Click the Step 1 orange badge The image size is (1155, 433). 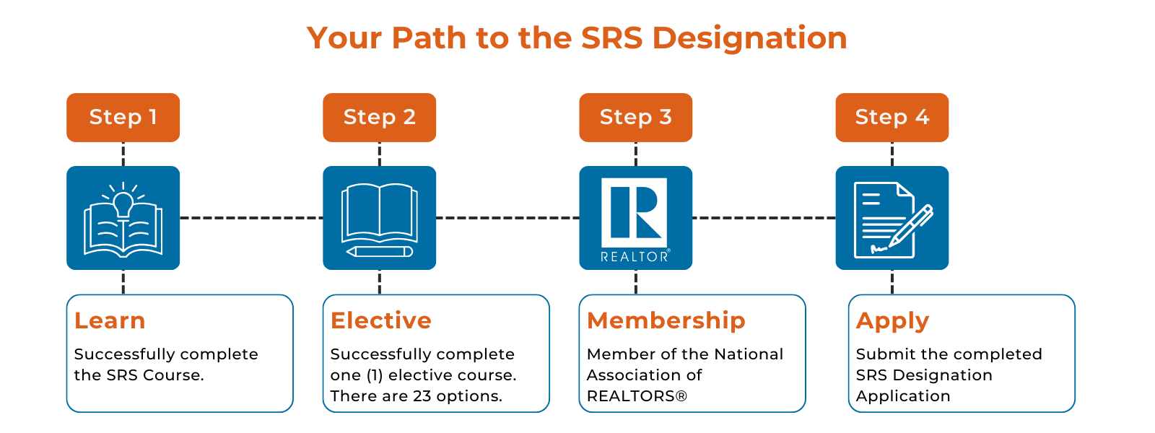[123, 118]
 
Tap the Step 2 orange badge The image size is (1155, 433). [380, 118]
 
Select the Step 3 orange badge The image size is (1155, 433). [636, 118]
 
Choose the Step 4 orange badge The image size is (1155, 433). [892, 118]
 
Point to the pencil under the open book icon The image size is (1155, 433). [380, 252]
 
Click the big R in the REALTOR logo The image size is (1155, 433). [635, 212]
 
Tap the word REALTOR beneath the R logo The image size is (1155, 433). [635, 256]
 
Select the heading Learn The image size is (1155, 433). [110, 320]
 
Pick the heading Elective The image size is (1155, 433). [381, 320]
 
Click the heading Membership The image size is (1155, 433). [666, 320]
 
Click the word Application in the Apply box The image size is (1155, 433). [903, 396]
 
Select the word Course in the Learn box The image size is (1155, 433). [173, 375]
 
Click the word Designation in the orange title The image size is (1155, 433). [750, 39]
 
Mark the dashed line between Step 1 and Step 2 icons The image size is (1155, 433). [251, 218]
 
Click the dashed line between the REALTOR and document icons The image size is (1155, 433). [764, 218]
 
